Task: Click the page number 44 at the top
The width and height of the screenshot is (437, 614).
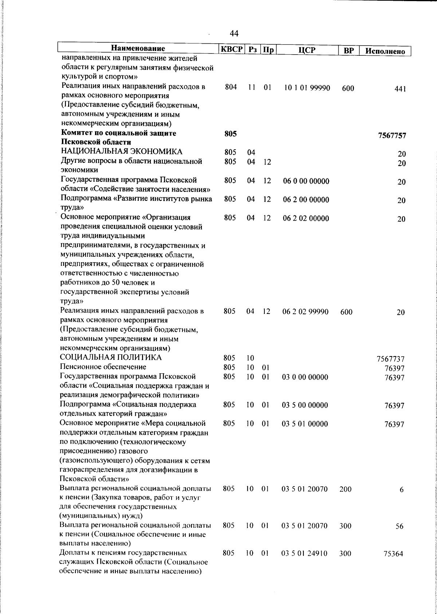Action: pyautogui.click(x=234, y=34)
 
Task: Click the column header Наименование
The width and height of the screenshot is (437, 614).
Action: pyautogui.click(x=138, y=48)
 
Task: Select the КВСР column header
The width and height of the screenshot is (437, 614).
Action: pyautogui.click(x=231, y=50)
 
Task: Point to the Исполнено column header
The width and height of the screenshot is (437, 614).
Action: pyautogui.click(x=385, y=51)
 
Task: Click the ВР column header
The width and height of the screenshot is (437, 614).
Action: pyautogui.click(x=349, y=51)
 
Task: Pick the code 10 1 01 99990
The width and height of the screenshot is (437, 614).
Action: pyautogui.click(x=307, y=88)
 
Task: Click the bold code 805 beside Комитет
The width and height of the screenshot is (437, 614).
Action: pyautogui.click(x=231, y=134)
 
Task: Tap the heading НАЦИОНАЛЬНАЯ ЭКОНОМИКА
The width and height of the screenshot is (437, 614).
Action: pyautogui.click(x=122, y=151)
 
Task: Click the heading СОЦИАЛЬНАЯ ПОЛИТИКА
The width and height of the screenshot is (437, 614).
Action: pyautogui.click(x=111, y=357)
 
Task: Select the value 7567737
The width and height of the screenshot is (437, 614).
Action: pyautogui.click(x=390, y=359)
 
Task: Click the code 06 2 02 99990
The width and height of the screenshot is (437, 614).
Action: pyautogui.click(x=306, y=312)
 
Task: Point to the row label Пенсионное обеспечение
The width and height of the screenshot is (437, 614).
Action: pyautogui.click(x=103, y=367)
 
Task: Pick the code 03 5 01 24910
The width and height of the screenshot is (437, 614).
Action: pyautogui.click(x=304, y=564)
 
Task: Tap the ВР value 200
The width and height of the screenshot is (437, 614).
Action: pyautogui.click(x=345, y=489)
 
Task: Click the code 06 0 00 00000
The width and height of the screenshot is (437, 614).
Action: pyautogui.click(x=306, y=181)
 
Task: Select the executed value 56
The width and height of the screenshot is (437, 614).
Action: pyautogui.click(x=399, y=527)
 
